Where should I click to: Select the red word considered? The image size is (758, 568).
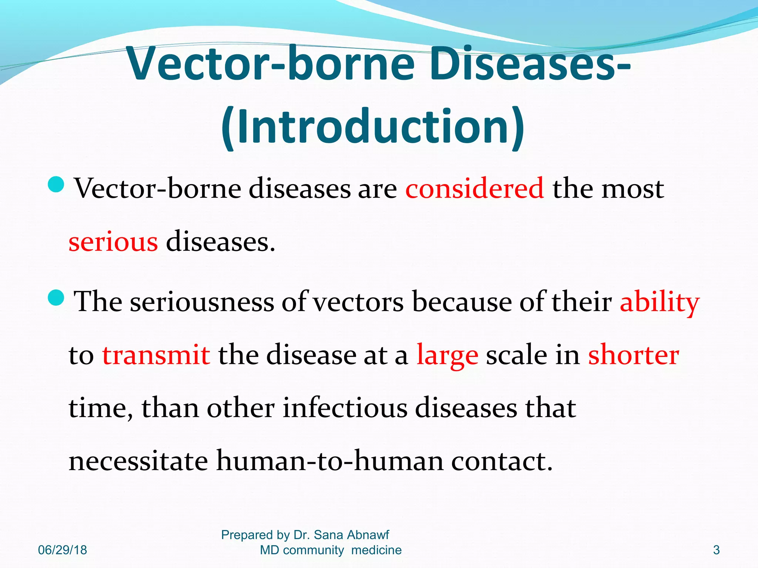point(474,189)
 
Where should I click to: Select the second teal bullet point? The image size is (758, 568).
point(57,297)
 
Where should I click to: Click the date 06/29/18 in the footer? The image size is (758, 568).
point(63,550)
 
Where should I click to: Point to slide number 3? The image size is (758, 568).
point(716,550)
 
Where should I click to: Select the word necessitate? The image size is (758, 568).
point(138,461)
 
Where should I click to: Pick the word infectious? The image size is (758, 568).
point(345,408)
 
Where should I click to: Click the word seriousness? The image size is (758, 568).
point(202,302)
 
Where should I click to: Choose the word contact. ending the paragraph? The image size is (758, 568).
point(502,461)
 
